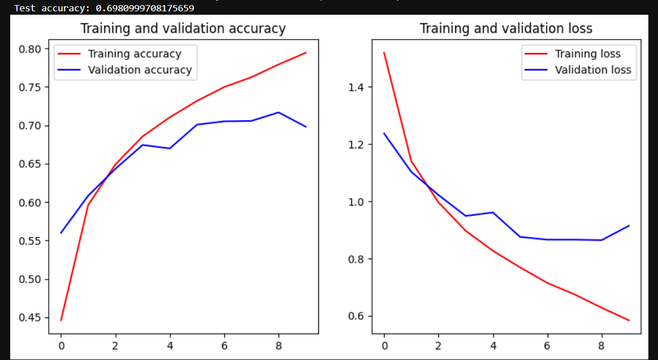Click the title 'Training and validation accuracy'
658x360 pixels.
tap(183, 29)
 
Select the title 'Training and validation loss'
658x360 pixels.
tap(506, 29)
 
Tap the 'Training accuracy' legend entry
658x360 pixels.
tap(134, 54)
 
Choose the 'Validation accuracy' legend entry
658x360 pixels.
tap(139, 70)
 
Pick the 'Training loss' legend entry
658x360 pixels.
tap(587, 54)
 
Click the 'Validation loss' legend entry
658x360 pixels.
tap(592, 70)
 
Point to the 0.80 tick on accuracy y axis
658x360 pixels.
tap(30, 49)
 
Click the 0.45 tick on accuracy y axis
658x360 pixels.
tap(30, 318)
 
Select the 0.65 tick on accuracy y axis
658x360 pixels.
tap(30, 164)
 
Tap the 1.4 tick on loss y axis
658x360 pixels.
tap(360, 87)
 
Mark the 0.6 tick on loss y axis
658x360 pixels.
tap(360, 316)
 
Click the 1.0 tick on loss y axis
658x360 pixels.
tap(360, 202)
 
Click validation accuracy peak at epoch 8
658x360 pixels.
tap(279, 112)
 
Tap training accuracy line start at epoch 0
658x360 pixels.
tap(61, 320)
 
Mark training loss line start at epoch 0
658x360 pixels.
tap(384, 53)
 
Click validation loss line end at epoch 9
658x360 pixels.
tap(629, 225)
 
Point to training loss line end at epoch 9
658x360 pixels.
tap(629, 320)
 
